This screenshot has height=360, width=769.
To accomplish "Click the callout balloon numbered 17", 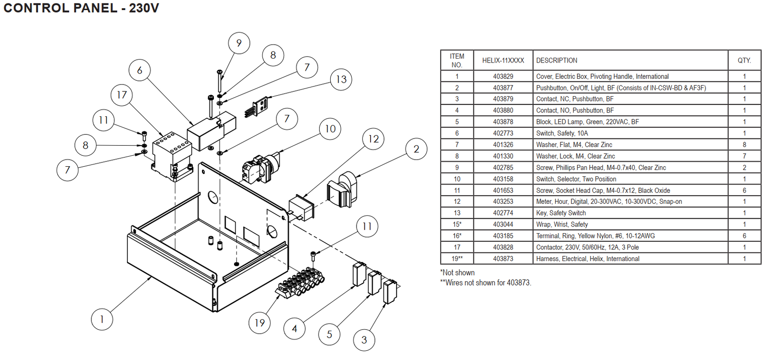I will (x=122, y=95).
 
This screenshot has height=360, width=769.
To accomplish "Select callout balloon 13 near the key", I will (x=341, y=79).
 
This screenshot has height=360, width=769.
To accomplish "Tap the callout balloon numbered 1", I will (x=102, y=319).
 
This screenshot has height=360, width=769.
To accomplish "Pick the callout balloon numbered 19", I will (x=260, y=323).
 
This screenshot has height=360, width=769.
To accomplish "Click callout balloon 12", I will (x=373, y=139).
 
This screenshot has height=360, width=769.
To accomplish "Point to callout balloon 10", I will (x=330, y=129).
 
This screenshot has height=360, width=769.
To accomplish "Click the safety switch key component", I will (x=258, y=107).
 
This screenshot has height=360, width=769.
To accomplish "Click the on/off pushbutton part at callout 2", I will (x=342, y=190).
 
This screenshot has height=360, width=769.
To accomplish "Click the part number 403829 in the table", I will (x=503, y=76).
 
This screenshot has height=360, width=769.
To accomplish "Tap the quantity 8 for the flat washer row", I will (x=744, y=145).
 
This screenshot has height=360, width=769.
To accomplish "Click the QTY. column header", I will (x=744, y=61).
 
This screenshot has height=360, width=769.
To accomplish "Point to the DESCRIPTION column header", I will (x=557, y=61).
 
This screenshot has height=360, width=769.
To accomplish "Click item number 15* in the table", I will (x=457, y=224).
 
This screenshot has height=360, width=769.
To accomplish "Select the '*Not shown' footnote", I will (x=458, y=273).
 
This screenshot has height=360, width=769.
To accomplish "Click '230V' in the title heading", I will (x=144, y=8).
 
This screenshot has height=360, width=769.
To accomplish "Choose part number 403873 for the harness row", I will (x=503, y=259).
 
